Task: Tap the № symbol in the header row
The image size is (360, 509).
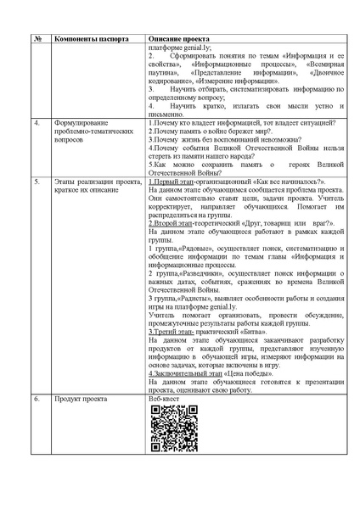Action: [38, 39]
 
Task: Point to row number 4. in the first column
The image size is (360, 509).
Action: [37, 124]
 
